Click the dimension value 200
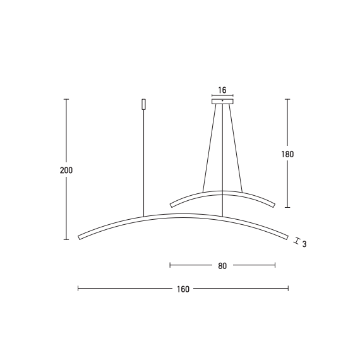click(66, 171)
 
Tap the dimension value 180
click(287, 154)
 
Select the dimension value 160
click(183, 289)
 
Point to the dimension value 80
click(222, 266)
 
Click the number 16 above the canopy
click(222, 90)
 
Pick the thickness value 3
click(304, 244)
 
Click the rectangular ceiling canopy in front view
click(222, 102)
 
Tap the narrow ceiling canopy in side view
click(144, 104)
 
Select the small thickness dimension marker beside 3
click(297, 241)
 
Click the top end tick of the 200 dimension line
click(66, 99)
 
